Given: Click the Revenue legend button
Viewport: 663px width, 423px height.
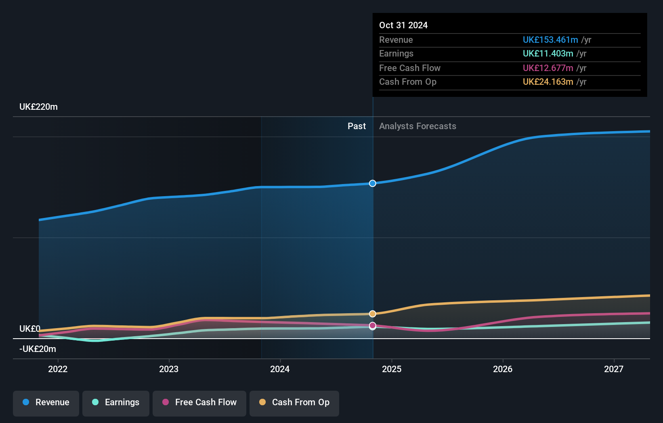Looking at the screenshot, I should tap(46, 402).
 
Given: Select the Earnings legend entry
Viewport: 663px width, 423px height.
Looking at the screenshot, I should tap(116, 402).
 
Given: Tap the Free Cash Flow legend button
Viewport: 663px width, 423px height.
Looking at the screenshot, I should tap(199, 402).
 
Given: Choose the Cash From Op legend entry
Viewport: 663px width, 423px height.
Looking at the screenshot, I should tap(294, 402).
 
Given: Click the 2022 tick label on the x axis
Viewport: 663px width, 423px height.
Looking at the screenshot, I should tap(58, 369).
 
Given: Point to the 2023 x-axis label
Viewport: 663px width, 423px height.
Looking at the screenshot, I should tap(169, 369).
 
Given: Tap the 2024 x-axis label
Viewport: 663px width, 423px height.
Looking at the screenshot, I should tap(280, 369).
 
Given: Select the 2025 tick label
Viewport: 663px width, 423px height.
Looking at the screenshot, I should tap(392, 369).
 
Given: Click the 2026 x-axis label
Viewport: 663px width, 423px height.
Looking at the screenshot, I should tap(503, 369).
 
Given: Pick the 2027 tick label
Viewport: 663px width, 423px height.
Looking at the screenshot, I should tap(614, 369).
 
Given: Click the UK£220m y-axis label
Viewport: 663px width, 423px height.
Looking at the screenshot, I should tap(38, 107).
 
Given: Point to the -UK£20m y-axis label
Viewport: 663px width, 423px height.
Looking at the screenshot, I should tap(38, 349).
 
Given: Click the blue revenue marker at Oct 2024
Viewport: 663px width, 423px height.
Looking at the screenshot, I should tap(373, 183).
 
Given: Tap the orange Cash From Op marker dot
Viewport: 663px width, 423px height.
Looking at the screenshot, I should tap(373, 314).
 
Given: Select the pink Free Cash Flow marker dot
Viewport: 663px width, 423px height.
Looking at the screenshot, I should tap(373, 325).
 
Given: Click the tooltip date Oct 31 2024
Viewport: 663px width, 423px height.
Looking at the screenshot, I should tap(403, 25).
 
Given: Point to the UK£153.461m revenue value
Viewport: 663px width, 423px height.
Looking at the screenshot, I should tap(550, 40).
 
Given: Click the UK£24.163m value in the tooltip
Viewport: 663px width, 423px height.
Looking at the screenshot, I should tap(548, 82).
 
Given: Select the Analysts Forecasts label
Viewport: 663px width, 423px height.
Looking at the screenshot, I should tap(418, 126).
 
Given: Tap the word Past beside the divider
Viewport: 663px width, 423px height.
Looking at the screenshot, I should tap(357, 126).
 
